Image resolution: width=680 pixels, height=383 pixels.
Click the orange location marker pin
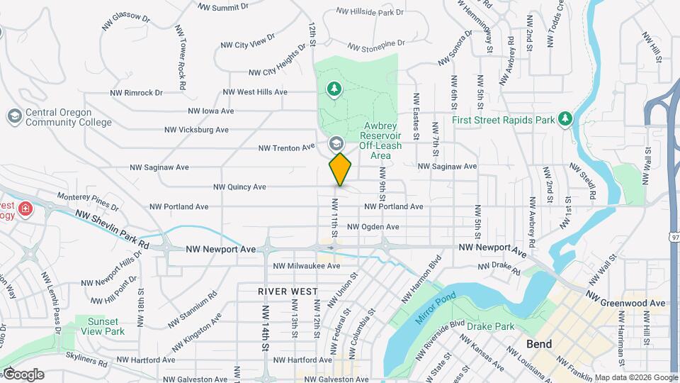pyautogui.click(x=341, y=170)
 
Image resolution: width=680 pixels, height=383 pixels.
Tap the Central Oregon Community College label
pyautogui.click(x=68, y=117)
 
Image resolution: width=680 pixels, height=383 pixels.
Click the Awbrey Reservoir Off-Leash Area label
pyautogui.click(x=380, y=140)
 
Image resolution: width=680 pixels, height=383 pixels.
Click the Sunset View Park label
pyautogui.click(x=103, y=326)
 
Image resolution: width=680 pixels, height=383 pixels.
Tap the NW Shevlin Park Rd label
pyautogui.click(x=113, y=228)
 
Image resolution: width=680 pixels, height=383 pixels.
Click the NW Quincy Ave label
pyautogui.click(x=239, y=187)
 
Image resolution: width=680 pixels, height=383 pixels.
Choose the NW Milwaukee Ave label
pyautogui.click(x=307, y=266)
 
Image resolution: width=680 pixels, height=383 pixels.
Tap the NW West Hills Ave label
pyautogui.click(x=255, y=92)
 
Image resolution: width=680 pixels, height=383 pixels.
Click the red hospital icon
pyautogui.click(x=26, y=209)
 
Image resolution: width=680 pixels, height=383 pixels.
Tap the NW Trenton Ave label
pyautogui.click(x=286, y=148)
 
